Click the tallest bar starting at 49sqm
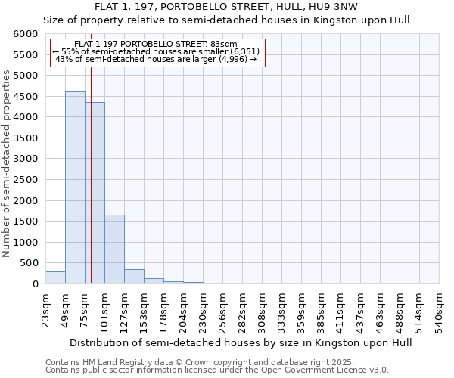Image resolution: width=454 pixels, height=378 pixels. pyautogui.click(x=75, y=187)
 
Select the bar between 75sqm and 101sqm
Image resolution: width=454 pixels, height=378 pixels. pyautogui.click(x=95, y=193)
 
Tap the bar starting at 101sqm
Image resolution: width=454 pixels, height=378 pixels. pyautogui.click(x=114, y=249)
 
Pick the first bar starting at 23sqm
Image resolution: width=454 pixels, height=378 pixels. pyautogui.click(x=55, y=277)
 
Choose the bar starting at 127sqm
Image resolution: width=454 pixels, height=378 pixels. pyautogui.click(x=134, y=277)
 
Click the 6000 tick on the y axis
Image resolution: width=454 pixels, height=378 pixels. pyautogui.click(x=27, y=34)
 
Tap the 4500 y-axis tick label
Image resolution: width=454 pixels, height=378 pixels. pyautogui.click(x=27, y=97)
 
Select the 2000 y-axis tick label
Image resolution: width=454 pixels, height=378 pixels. pyautogui.click(x=27, y=201)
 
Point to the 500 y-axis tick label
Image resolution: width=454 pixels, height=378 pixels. pyautogui.click(x=30, y=263)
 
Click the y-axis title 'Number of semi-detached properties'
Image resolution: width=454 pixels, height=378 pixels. pyautogui.click(x=7, y=163)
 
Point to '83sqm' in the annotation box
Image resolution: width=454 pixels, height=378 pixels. pyautogui.click(x=225, y=45)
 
